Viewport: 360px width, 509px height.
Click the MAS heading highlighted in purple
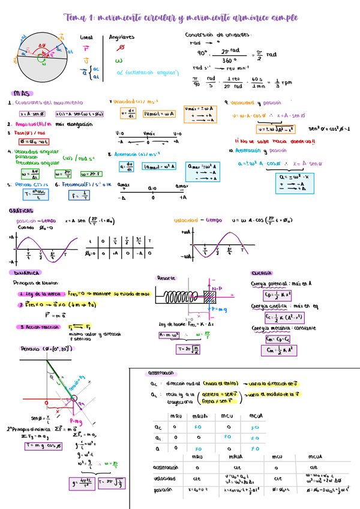pyautogui.click(x=23, y=93)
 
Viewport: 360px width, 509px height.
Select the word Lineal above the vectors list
pyautogui.click(x=86, y=37)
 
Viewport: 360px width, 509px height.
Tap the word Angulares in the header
pyautogui.click(x=122, y=37)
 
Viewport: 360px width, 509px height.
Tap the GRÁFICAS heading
pyautogui.click(x=20, y=211)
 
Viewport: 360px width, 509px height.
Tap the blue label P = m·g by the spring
pyautogui.click(x=217, y=309)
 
